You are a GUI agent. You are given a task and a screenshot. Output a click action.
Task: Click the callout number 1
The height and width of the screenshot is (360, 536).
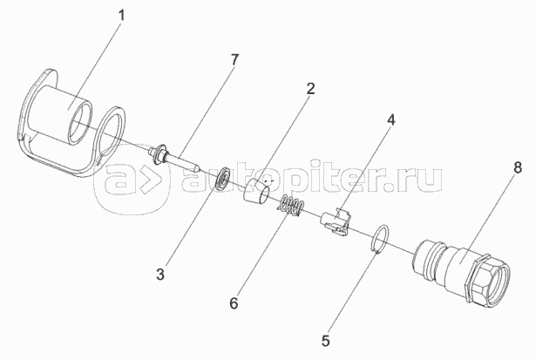tap(121, 16)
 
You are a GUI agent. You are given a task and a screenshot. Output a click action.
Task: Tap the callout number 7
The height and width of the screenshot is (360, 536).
tap(234, 60)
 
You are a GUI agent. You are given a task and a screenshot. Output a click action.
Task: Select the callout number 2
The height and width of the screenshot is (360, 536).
tap(309, 89)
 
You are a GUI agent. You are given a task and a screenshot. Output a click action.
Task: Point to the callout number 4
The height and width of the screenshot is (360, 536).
tap(391, 120)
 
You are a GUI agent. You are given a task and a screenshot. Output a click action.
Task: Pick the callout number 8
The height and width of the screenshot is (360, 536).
tap(518, 168)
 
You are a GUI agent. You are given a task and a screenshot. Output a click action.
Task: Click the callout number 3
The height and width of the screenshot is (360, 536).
tap(160, 275)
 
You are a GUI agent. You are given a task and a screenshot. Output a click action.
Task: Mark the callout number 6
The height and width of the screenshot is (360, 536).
tap(234, 303)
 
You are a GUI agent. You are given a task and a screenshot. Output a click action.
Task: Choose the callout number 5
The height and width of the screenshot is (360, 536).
tap(325, 340)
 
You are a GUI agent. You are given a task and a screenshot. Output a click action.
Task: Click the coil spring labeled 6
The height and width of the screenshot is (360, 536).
tap(291, 207)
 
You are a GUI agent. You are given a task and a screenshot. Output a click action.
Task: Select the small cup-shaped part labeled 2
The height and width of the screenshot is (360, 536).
tap(256, 193)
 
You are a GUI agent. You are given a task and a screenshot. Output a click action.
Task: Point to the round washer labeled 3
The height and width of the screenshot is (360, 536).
tap(222, 178)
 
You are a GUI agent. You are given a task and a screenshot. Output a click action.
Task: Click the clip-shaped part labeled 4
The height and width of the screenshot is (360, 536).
tap(336, 221)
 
